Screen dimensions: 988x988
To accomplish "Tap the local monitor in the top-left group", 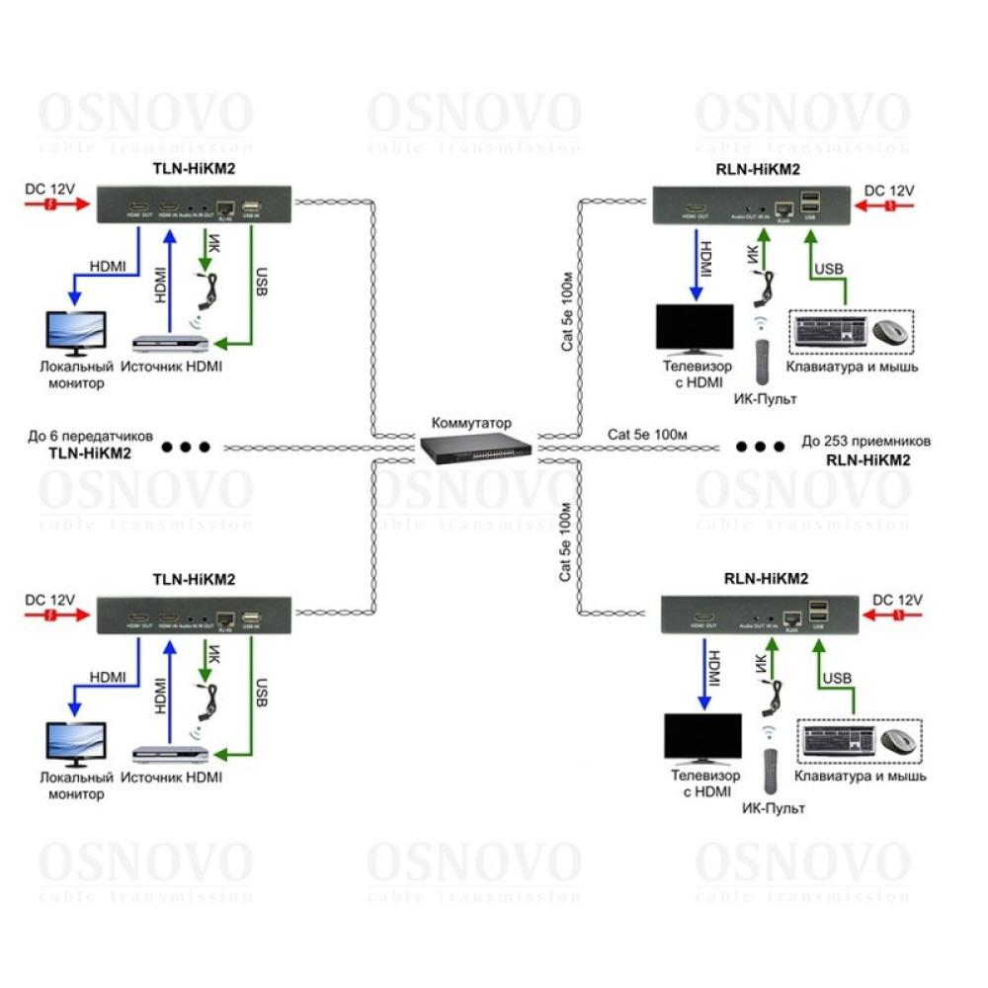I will pos(78,333).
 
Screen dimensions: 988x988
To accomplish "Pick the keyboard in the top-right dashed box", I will pos(831,331).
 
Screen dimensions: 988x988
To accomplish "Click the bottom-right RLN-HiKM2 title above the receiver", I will pos(767,579).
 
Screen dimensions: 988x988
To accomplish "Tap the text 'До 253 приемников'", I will pos(865,442).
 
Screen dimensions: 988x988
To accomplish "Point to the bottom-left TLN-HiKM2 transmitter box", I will pos(194,616).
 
